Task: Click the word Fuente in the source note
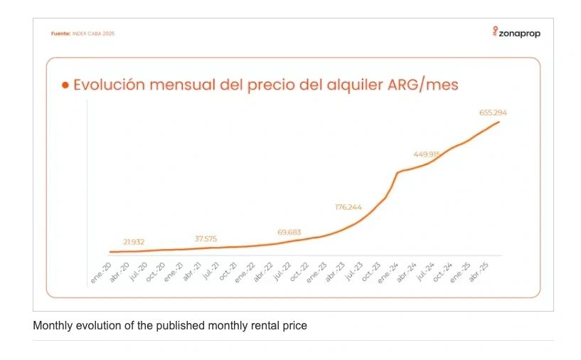[x=60, y=33]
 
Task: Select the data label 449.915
[x=427, y=154]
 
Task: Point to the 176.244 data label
[x=348, y=207]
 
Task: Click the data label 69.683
[x=289, y=232]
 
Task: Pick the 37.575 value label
[x=210, y=238]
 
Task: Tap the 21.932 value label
[x=133, y=242]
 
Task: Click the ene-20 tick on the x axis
[x=102, y=271]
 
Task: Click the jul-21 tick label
[x=211, y=271]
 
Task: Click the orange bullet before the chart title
[x=65, y=85]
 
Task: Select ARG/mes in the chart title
[x=422, y=85]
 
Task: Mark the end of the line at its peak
[x=499, y=122]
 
